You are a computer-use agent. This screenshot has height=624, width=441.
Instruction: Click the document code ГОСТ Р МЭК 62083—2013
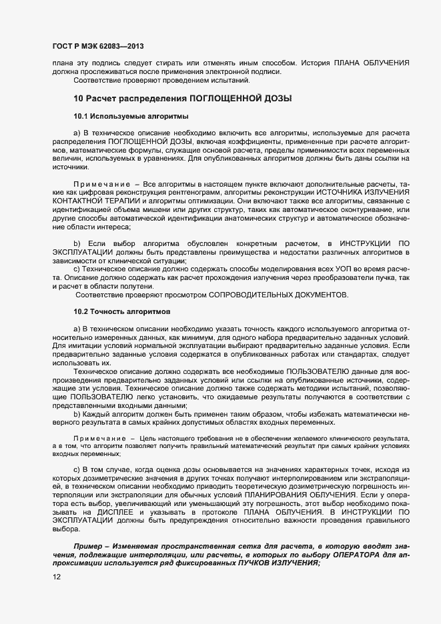coord(97,46)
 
